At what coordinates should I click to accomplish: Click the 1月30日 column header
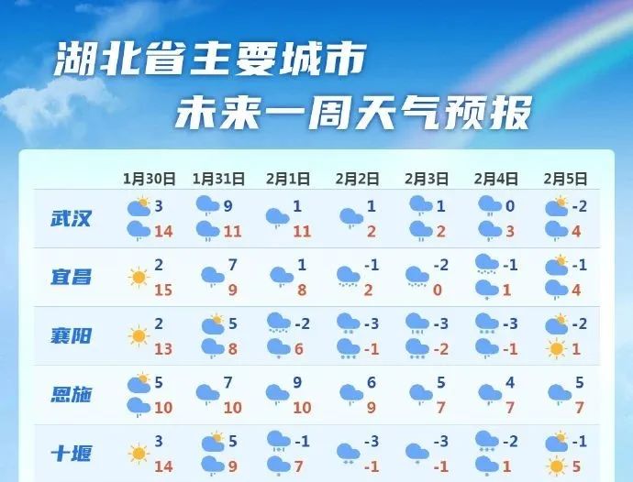pyautogui.click(x=149, y=179)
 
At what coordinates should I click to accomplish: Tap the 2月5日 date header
pyautogui.click(x=565, y=179)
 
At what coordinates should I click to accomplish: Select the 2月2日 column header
pyautogui.click(x=357, y=179)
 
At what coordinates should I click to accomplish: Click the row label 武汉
pyautogui.click(x=71, y=218)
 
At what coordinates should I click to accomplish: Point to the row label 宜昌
pyautogui.click(x=71, y=277)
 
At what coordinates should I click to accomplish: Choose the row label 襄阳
pyautogui.click(x=71, y=335)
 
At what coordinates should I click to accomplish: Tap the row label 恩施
pyautogui.click(x=71, y=394)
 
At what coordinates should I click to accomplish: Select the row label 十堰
pyautogui.click(x=71, y=454)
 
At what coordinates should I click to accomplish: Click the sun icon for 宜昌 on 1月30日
pyautogui.click(x=139, y=278)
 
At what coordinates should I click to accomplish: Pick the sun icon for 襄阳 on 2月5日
pyautogui.click(x=556, y=349)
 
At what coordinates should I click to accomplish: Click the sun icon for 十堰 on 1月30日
pyautogui.click(x=139, y=454)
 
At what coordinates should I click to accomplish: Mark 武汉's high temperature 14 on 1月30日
pyautogui.click(x=163, y=232)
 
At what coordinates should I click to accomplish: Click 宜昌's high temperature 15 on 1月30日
pyautogui.click(x=163, y=290)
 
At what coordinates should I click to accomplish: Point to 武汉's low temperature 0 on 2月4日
pyautogui.click(x=510, y=206)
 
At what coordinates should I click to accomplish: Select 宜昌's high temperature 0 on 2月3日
pyautogui.click(x=438, y=290)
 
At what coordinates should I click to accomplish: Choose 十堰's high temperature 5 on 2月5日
pyautogui.click(x=576, y=466)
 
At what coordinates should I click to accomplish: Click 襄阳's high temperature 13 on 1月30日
pyautogui.click(x=163, y=349)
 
